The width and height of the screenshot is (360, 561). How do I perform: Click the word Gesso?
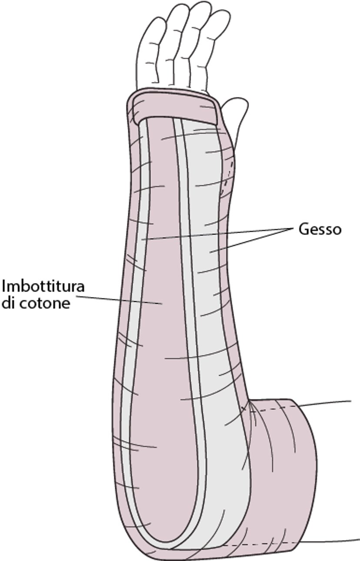pyautogui.click(x=320, y=229)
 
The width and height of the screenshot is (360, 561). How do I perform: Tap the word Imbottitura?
pyautogui.click(x=43, y=287)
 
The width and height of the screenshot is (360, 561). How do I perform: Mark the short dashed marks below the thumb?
pyautogui.click(x=229, y=174)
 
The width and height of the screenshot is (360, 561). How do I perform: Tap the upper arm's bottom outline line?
pyautogui.click(x=330, y=541)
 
